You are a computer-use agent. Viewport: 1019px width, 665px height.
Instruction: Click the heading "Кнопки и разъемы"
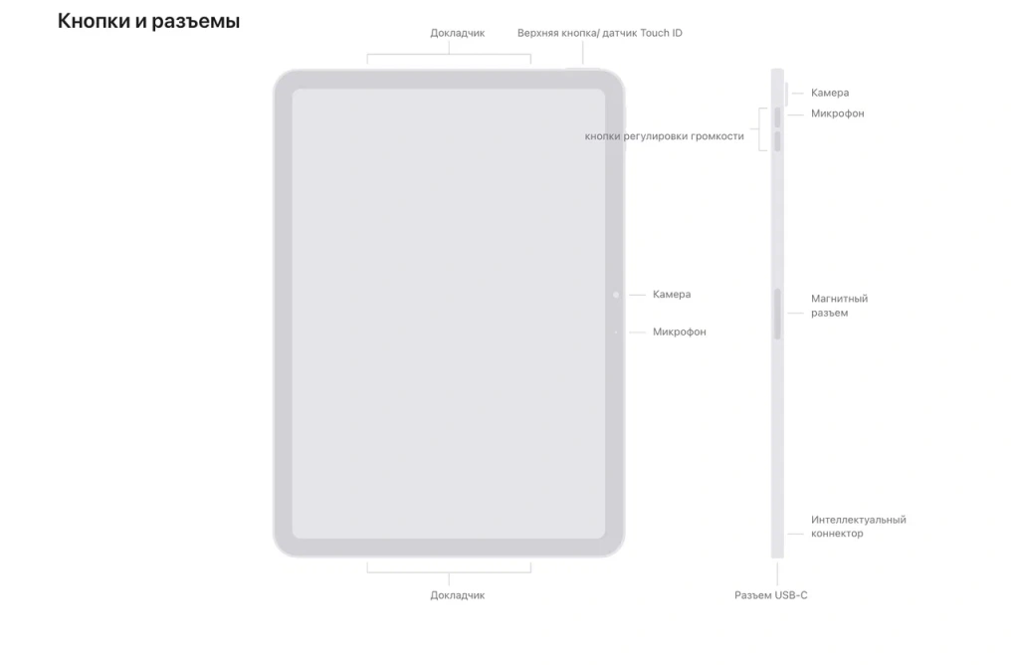click(149, 22)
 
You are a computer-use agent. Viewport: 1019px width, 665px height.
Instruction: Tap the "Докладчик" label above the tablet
click(458, 33)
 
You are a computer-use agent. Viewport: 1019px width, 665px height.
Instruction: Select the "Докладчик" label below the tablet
click(458, 595)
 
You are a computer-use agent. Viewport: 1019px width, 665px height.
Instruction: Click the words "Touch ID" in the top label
click(661, 33)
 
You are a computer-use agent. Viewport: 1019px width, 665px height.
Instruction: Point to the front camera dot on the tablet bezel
click(616, 295)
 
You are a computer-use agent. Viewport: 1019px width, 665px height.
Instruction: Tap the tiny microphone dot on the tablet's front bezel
click(616, 332)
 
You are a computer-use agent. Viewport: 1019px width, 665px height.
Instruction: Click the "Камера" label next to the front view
click(672, 295)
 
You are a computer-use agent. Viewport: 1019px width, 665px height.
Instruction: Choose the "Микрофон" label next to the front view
click(679, 332)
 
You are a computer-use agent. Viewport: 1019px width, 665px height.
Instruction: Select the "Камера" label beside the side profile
click(830, 93)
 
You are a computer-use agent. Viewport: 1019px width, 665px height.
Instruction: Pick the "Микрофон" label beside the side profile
click(838, 113)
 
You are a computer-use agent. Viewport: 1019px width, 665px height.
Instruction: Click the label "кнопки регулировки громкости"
click(664, 136)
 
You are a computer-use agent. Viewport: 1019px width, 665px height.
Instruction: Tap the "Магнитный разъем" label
click(839, 306)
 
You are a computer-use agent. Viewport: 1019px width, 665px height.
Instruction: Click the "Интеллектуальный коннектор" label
click(858, 527)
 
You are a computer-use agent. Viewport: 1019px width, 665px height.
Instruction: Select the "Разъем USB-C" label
click(771, 595)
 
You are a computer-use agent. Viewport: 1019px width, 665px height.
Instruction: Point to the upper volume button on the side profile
click(777, 117)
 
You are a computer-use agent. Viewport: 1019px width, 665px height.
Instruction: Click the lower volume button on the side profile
click(777, 141)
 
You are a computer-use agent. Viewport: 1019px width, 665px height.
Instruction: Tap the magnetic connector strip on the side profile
click(777, 314)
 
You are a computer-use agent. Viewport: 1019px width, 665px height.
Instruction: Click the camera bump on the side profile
click(786, 94)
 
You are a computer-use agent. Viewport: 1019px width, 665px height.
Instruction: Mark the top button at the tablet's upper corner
click(583, 68)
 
